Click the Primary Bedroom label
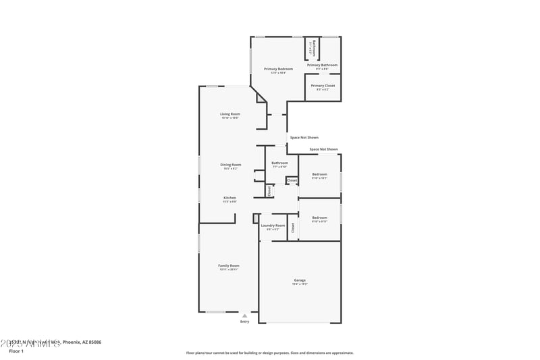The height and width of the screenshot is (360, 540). tap(278, 69)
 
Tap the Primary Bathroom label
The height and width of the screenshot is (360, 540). tap(322, 65)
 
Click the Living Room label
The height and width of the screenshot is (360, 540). tap(230, 113)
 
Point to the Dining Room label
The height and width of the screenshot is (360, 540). tap(230, 165)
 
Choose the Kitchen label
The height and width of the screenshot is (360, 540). tap(230, 198)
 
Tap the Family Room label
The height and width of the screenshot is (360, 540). tap(228, 265)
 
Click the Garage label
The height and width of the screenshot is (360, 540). tap(300, 280)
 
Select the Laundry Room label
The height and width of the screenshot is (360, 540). tap(273, 225)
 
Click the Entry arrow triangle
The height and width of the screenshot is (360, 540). tap(244, 315)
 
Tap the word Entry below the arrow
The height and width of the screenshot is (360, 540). tap(244, 322)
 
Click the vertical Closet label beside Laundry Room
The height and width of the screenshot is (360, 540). tap(293, 228)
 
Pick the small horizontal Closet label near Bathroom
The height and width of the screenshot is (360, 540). tap(292, 181)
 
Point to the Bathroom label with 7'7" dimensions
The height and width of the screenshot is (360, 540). tap(279, 163)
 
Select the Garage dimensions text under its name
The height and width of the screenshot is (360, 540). tap(300, 284)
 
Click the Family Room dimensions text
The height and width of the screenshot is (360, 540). tap(228, 269)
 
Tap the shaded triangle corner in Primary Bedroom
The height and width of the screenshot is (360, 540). tap(261, 98)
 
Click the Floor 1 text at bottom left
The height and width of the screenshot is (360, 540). tap(16, 351)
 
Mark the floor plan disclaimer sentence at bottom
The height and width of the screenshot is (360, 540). tap(269, 353)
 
